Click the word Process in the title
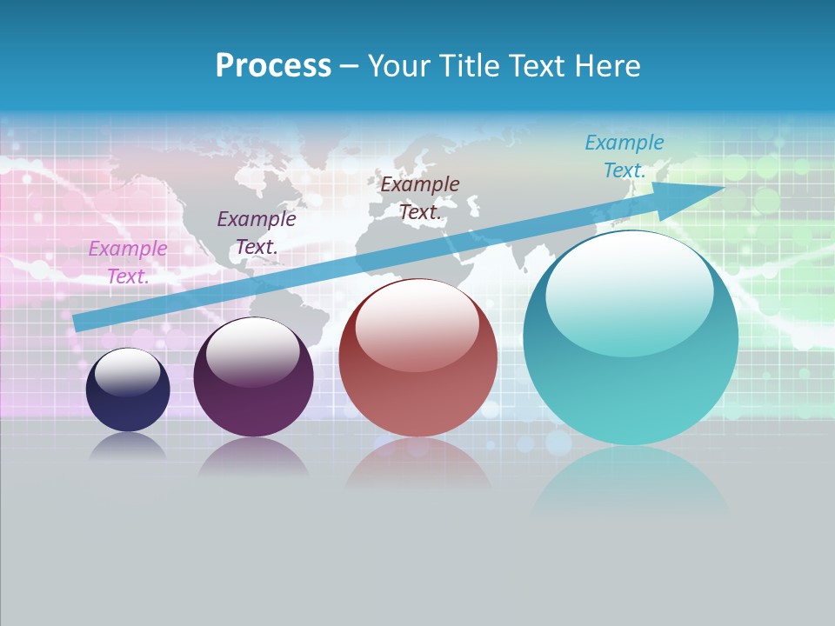(273, 66)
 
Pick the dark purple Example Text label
(257, 233)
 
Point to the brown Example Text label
(420, 197)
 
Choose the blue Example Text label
(625, 156)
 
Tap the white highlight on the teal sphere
(629, 291)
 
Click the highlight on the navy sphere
(128, 371)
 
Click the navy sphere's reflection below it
(128, 445)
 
